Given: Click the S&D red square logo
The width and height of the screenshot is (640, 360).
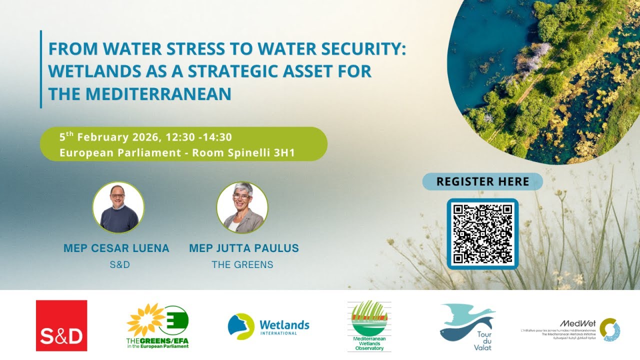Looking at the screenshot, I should pyautogui.click(x=61, y=325).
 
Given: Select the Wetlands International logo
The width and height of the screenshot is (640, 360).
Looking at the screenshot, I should pyautogui.click(x=268, y=326).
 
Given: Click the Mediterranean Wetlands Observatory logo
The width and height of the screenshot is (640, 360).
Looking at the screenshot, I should pyautogui.click(x=369, y=325).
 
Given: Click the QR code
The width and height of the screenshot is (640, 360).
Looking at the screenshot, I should pyautogui.click(x=482, y=233).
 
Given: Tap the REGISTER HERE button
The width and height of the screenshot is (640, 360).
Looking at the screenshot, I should pyautogui.click(x=482, y=181).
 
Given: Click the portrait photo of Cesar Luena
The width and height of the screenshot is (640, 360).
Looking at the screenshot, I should pyautogui.click(x=118, y=207).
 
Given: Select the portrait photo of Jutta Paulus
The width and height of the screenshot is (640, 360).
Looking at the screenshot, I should pyautogui.click(x=242, y=207).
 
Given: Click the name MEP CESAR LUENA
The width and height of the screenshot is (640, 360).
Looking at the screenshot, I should pyautogui.click(x=116, y=248).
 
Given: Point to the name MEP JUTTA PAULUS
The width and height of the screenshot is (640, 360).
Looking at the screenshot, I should pyautogui.click(x=244, y=248).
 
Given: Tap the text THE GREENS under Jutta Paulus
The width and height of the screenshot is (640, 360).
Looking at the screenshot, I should pyautogui.click(x=242, y=264).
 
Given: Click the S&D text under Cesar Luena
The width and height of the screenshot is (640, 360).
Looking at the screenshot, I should pyautogui.click(x=119, y=264).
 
